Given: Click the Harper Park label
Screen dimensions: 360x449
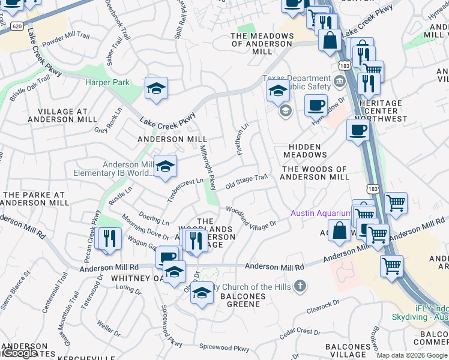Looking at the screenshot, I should [107, 82].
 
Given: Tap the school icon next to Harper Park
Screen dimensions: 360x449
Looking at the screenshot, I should [156, 89].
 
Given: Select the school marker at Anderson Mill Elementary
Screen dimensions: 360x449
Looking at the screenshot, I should [165, 167].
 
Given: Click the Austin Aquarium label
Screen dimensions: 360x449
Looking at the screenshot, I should [321, 213].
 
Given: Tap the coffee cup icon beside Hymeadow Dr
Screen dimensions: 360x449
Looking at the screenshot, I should [316, 106].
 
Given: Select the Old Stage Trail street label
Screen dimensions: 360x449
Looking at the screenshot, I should [246, 182].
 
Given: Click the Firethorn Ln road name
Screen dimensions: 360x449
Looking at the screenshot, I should [243, 139].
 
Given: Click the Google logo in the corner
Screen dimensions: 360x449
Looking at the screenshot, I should [20, 353].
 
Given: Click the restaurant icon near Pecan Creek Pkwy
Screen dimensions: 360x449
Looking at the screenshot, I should [108, 239].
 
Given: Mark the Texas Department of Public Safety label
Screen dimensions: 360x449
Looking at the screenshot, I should [297, 85].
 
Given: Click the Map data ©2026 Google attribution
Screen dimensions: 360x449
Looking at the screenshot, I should [412, 355].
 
